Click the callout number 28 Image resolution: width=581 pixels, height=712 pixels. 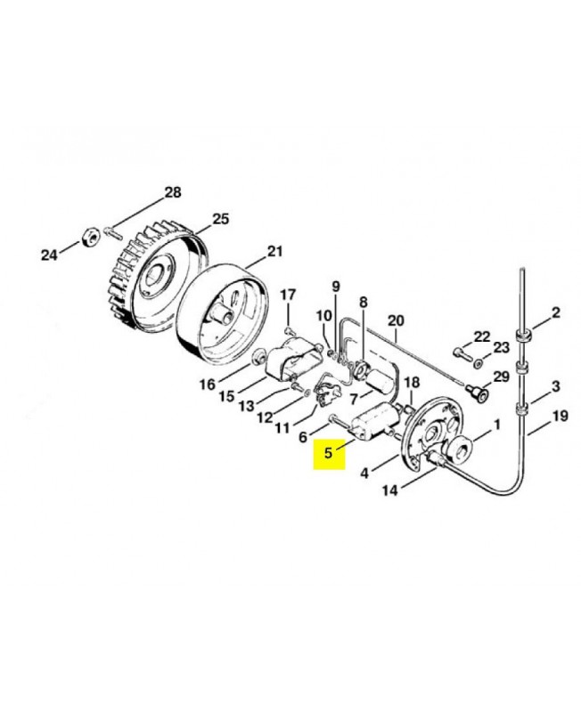tap(172, 192)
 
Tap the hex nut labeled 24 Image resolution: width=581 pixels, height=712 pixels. tap(91, 236)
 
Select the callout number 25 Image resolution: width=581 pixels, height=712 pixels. tap(220, 219)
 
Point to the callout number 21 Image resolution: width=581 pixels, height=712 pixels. tap(274, 251)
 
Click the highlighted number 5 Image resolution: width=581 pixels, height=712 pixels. tap(329, 453)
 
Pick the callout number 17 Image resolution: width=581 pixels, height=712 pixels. tap(288, 295)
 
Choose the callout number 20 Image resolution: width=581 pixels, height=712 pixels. tap(396, 321)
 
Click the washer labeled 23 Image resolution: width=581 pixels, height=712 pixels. tap(478, 364)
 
